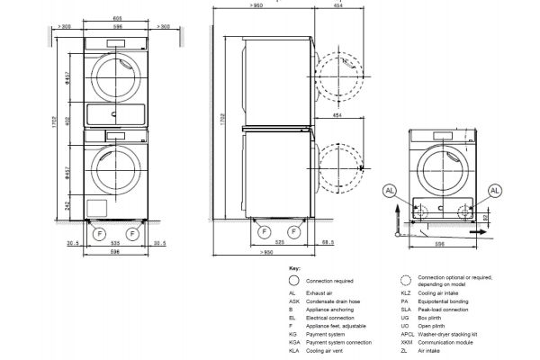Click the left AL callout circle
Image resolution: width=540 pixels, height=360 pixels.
click(x=388, y=191)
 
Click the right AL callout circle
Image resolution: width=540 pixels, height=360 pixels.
click(x=494, y=191)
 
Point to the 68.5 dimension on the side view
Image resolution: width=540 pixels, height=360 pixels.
click(x=328, y=243)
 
